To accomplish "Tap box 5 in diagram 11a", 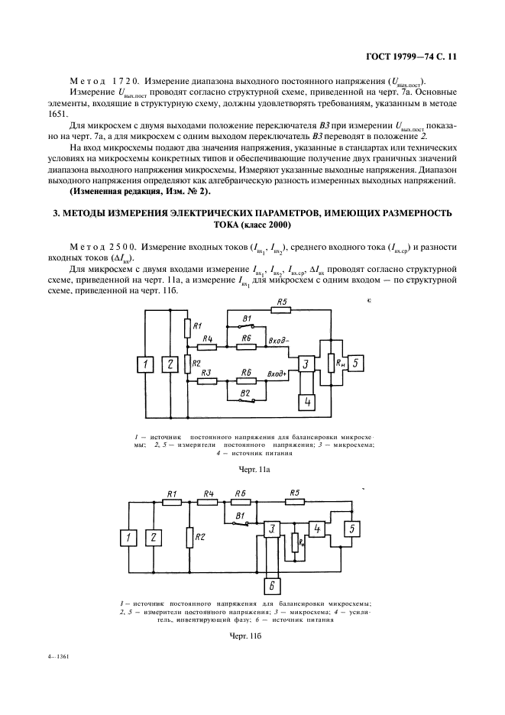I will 358,363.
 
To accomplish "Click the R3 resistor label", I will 204,372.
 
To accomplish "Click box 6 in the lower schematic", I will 270,585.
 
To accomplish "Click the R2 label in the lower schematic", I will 200,537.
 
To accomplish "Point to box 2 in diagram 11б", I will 154,539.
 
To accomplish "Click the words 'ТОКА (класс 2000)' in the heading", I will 252,225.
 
